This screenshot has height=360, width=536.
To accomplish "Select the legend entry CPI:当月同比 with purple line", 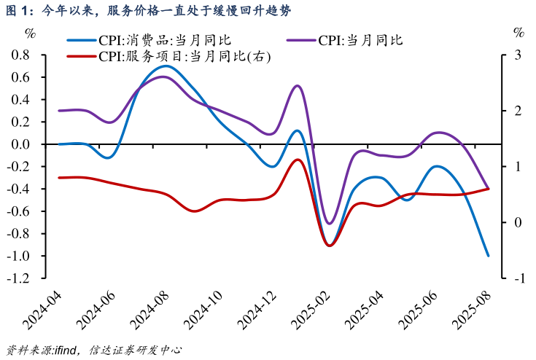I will [x=360, y=40].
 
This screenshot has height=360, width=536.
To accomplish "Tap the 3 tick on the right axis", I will [x=518, y=55].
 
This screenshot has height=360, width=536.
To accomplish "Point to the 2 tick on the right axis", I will [x=518, y=111].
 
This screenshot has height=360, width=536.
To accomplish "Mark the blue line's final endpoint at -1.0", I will [x=488, y=256].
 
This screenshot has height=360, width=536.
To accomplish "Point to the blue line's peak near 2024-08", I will [x=166, y=66].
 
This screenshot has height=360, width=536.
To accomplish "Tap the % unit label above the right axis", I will [x=518, y=32].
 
